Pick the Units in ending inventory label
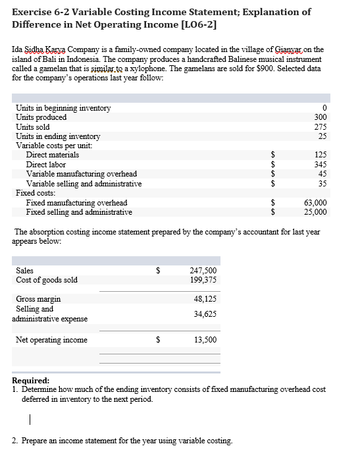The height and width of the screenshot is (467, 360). (x=58, y=136)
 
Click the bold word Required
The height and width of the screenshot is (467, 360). (x=31, y=381)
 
